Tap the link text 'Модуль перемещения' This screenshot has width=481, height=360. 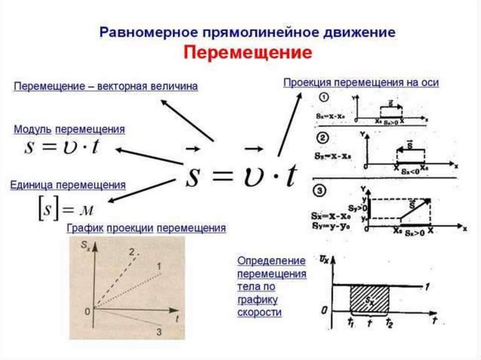70,129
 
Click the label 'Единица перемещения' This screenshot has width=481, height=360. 68,184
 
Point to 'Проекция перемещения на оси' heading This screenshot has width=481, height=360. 361,83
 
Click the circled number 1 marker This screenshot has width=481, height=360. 324,98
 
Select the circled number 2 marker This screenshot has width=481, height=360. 324,138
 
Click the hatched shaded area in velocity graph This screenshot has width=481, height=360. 369,299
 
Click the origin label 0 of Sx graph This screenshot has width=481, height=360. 87,311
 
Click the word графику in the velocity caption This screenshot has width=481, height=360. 257,299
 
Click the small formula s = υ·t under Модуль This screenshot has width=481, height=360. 62,148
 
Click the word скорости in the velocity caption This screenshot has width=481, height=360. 259,312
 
